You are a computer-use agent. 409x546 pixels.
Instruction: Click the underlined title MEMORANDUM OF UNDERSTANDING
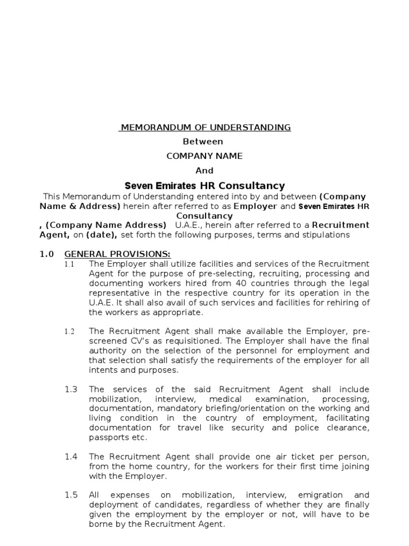(x=204, y=127)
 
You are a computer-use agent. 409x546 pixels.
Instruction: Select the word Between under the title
(x=203, y=142)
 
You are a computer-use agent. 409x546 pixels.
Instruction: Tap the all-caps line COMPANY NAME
(x=204, y=156)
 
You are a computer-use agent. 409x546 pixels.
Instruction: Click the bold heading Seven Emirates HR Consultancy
(x=204, y=186)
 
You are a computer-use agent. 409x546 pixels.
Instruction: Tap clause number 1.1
(x=70, y=264)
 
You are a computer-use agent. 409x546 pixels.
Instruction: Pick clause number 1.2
(x=70, y=332)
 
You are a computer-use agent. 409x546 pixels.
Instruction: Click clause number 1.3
(x=71, y=390)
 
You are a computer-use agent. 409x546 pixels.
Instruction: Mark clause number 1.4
(x=71, y=456)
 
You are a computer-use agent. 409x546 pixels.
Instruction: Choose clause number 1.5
(x=71, y=495)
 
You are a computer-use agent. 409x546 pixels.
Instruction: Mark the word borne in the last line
(x=100, y=524)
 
